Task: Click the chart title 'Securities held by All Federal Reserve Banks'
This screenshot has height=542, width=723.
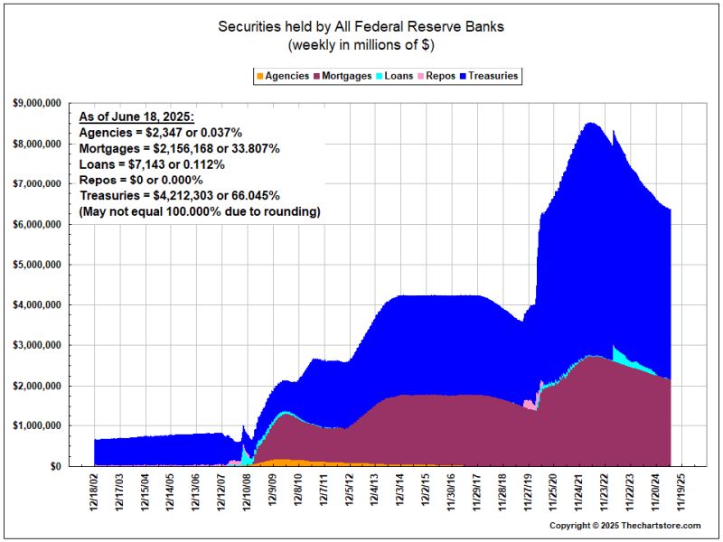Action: (361, 26)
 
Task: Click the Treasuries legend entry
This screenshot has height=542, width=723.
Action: (493, 76)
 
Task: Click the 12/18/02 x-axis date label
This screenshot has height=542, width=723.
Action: (94, 493)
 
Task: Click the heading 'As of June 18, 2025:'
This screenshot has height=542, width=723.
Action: (136, 117)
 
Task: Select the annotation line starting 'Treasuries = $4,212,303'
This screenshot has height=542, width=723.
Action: (179, 195)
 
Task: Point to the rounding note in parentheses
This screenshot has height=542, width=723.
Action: (200, 210)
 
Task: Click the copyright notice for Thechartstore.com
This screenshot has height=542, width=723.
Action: (626, 526)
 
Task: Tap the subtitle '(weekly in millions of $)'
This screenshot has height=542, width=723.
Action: (361, 44)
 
